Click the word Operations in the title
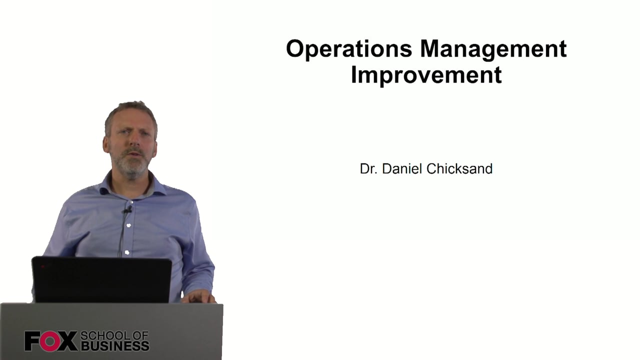click(349, 49)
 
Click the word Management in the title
click(493, 49)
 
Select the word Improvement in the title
click(426, 75)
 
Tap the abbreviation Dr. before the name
click(368, 168)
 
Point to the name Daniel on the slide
click(402, 168)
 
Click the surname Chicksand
click(459, 168)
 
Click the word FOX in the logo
click(51, 341)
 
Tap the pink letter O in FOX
click(50, 341)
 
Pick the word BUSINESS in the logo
click(115, 346)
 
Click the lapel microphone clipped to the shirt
click(127, 210)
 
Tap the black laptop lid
click(101, 279)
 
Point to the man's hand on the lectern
click(198, 297)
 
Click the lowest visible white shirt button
click(127, 252)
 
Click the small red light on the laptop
click(42, 266)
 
